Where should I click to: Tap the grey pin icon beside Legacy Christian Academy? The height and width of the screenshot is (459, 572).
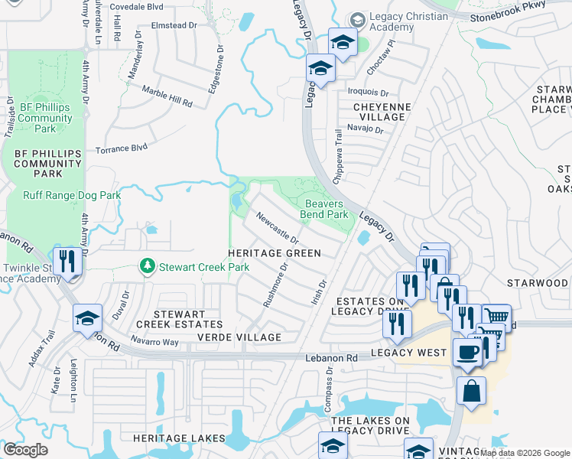(356, 19)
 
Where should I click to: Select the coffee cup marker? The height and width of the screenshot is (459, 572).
(467, 353)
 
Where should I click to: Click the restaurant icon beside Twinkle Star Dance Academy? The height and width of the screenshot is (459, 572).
(67, 261)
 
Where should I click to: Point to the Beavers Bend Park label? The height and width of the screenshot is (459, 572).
(327, 209)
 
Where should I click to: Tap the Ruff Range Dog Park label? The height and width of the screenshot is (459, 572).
(72, 196)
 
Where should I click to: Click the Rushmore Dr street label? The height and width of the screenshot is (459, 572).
(275, 285)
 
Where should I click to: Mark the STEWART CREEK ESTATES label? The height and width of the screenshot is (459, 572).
(178, 320)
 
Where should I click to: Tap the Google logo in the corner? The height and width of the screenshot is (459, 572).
(26, 450)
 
